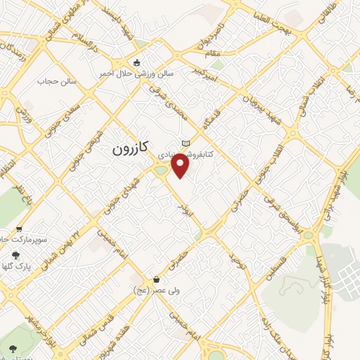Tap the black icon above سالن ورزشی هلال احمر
pos(136,62)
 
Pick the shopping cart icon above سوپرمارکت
pos(18,229)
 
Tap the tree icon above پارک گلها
pos(15,256)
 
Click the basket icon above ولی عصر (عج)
pos(136,278)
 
